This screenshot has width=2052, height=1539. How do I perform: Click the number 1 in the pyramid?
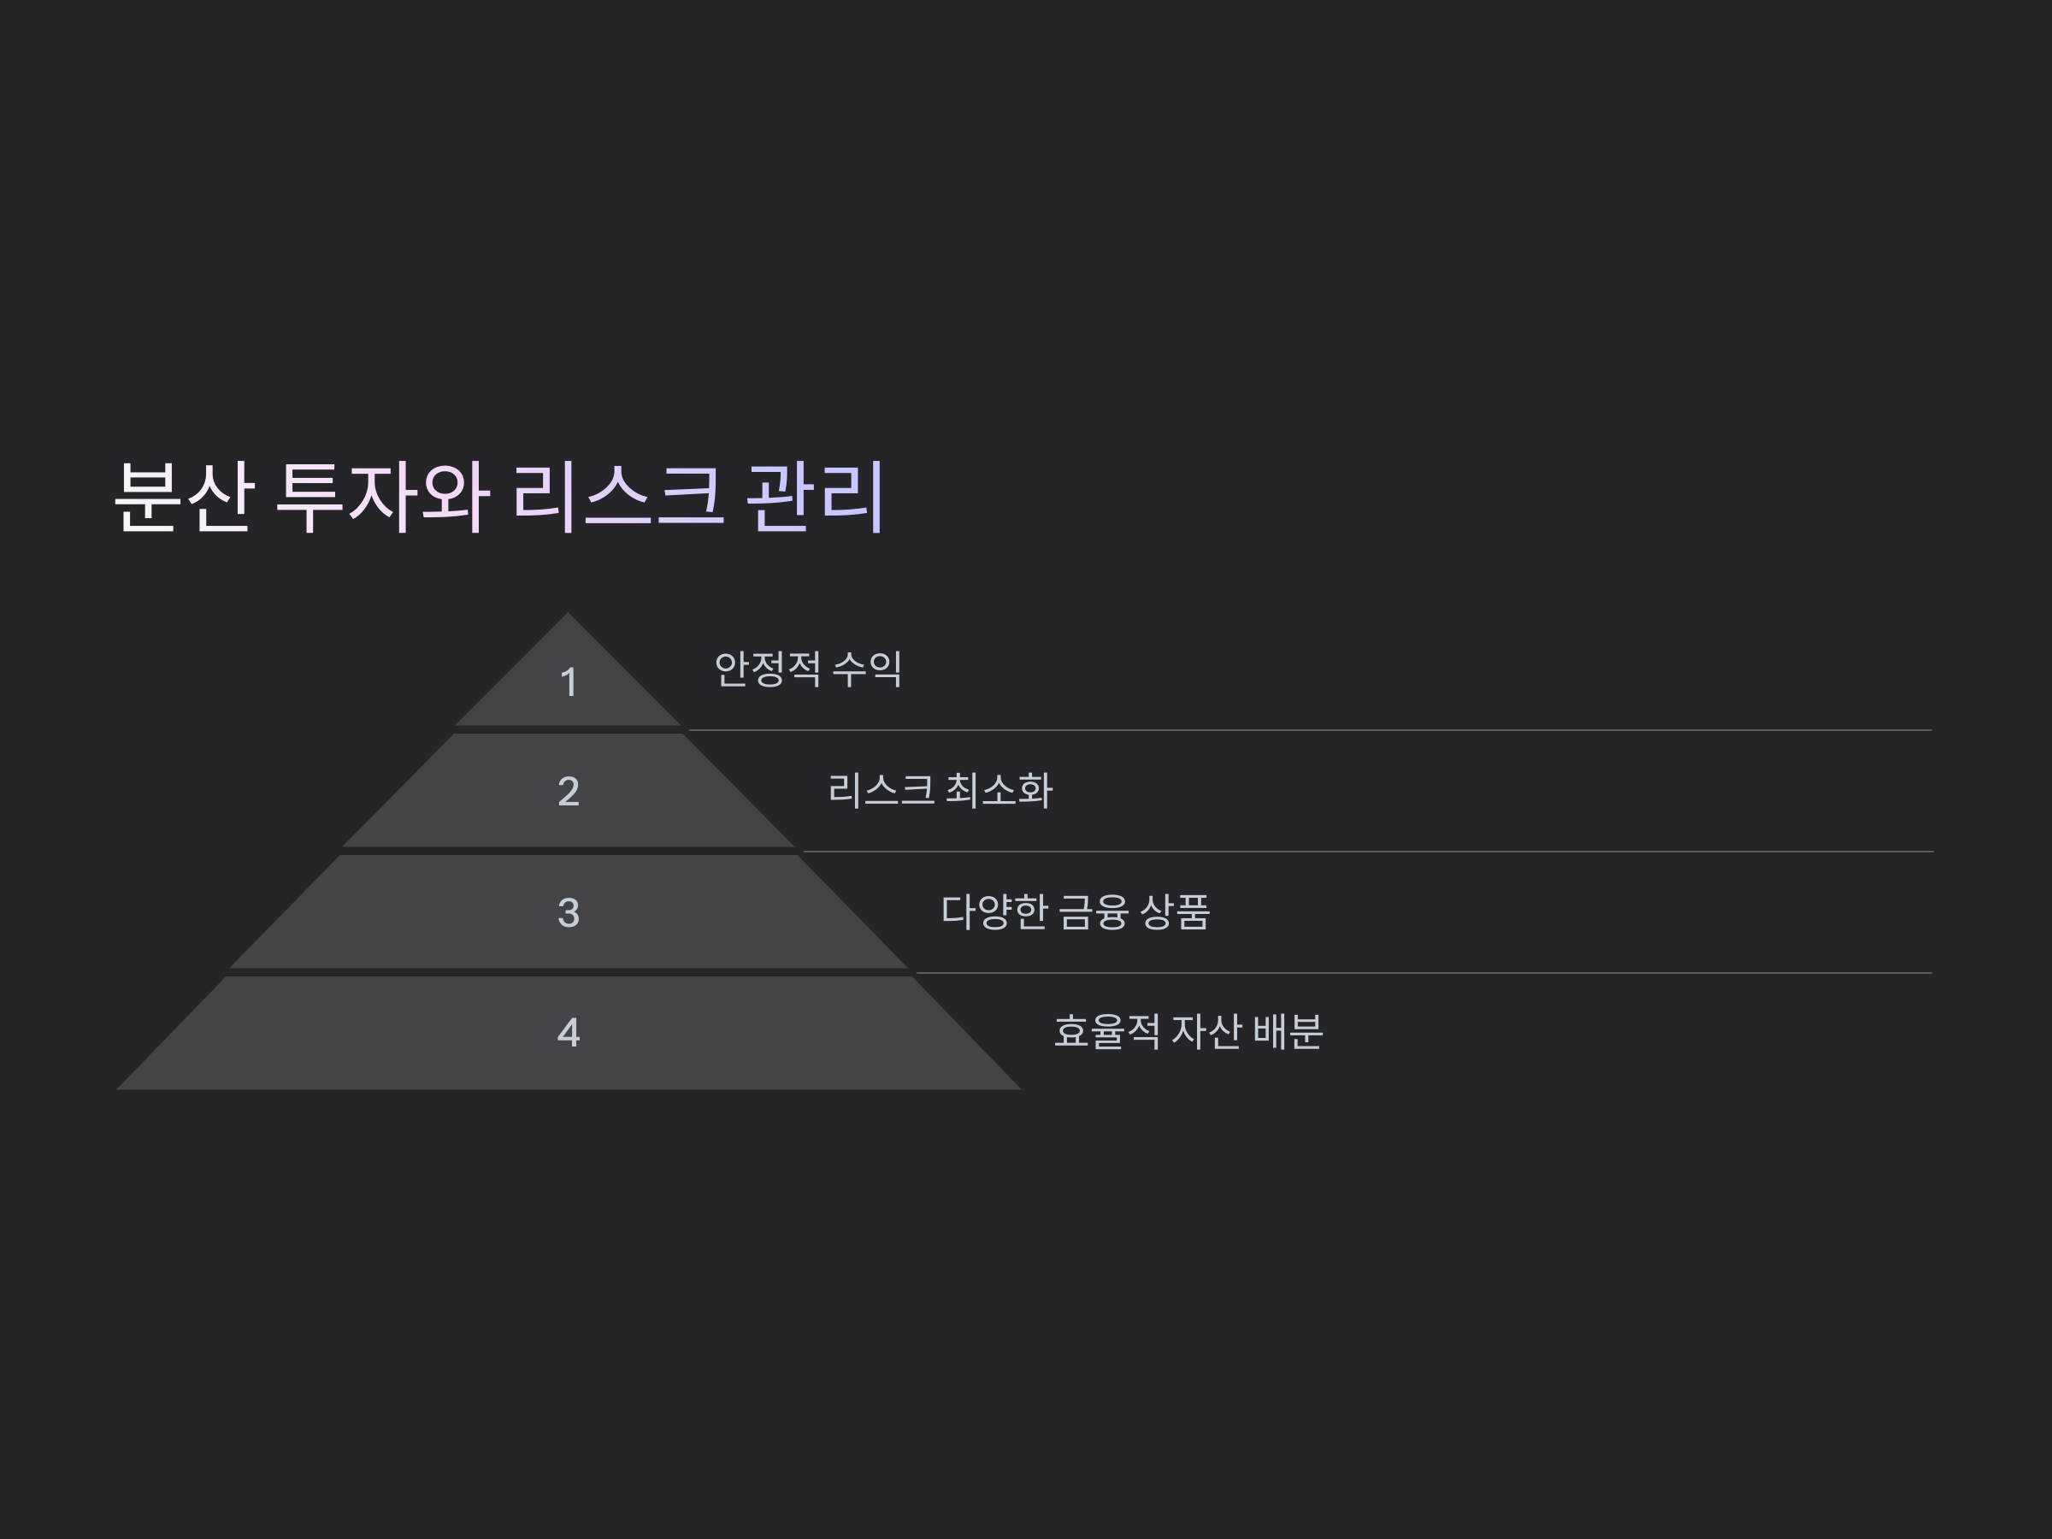coord(569,683)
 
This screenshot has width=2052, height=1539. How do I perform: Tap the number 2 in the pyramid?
coord(569,791)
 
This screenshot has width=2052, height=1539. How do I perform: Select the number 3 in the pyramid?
coord(569,913)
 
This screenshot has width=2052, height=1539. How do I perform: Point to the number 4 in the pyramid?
coord(569,1033)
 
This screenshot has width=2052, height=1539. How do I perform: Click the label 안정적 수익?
coord(807,669)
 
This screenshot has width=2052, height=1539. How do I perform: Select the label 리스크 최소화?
coord(940,790)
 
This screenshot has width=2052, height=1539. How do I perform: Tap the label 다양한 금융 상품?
coord(1076,912)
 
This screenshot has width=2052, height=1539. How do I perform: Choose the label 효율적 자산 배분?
coord(1188,1032)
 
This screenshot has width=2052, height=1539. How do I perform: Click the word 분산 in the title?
coord(184,498)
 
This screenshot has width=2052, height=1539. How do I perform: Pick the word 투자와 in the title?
coord(382,498)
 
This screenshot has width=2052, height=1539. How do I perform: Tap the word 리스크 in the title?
coord(618,498)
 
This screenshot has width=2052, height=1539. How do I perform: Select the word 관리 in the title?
coord(816,498)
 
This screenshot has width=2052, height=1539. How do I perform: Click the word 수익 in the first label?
coord(867,669)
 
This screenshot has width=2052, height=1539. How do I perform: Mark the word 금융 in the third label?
coord(1093,912)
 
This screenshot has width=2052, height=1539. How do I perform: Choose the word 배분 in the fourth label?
coord(1288,1032)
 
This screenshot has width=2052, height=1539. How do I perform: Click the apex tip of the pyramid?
coord(568,616)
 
